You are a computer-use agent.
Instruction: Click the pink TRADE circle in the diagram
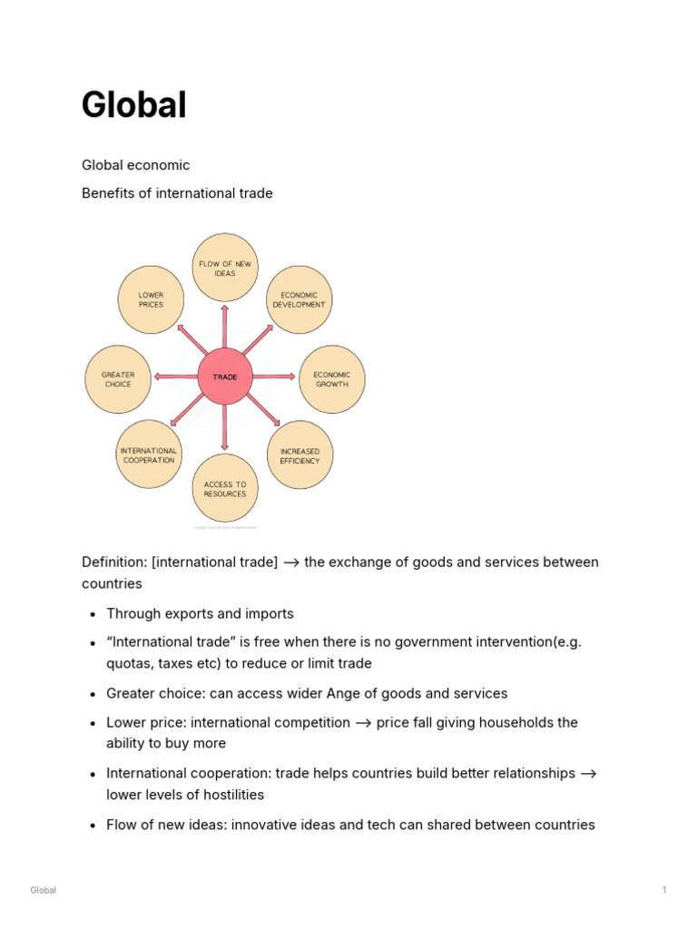pyautogui.click(x=224, y=376)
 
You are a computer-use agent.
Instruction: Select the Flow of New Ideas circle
pyautogui.click(x=225, y=268)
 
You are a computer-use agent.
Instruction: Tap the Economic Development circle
pyautogui.click(x=299, y=299)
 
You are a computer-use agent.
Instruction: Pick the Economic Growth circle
pyautogui.click(x=331, y=379)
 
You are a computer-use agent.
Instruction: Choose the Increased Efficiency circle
pyautogui.click(x=299, y=455)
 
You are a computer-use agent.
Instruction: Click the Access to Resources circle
pyautogui.click(x=225, y=489)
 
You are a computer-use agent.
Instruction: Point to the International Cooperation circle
pyautogui.click(x=149, y=455)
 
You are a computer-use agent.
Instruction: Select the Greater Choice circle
pyautogui.click(x=118, y=379)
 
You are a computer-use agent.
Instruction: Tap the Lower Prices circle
pyautogui.click(x=151, y=299)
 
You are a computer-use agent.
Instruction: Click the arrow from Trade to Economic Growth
pyautogui.click(x=274, y=376)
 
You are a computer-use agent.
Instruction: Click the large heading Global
pyautogui.click(x=133, y=105)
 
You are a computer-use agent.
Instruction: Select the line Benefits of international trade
pyautogui.click(x=177, y=193)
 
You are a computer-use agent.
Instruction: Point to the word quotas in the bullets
pyautogui.click(x=130, y=663)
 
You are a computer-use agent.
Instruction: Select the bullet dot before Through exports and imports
pyautogui.click(x=93, y=614)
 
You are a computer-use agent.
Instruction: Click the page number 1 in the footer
pyautogui.click(x=664, y=890)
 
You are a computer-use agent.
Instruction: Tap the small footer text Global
pyautogui.click(x=44, y=890)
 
